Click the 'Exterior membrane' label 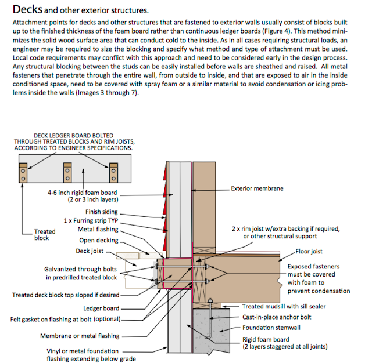point(258,188)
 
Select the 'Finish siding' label point(101,212)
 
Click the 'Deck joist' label point(90,251)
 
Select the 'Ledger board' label point(101,308)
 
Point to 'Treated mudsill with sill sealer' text point(284,306)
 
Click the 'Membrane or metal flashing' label point(80,336)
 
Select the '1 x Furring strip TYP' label point(91,221)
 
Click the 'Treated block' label point(45,235)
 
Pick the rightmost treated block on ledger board point(109,172)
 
